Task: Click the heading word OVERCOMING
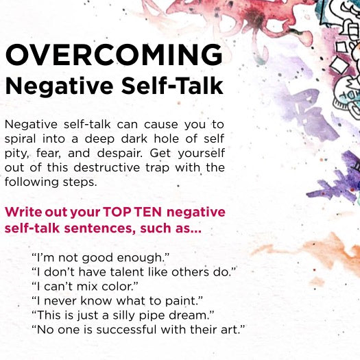click(114, 54)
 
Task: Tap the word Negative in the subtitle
click(59, 86)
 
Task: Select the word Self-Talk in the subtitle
click(172, 86)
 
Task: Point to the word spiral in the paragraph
click(20, 139)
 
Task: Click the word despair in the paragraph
click(119, 154)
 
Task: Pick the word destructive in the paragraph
click(107, 167)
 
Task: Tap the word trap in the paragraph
click(157, 168)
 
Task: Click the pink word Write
click(23, 212)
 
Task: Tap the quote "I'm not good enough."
click(100, 258)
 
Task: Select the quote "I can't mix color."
click(85, 287)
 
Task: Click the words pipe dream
click(173, 315)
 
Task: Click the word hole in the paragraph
click(167, 139)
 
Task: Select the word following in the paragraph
click(32, 182)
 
